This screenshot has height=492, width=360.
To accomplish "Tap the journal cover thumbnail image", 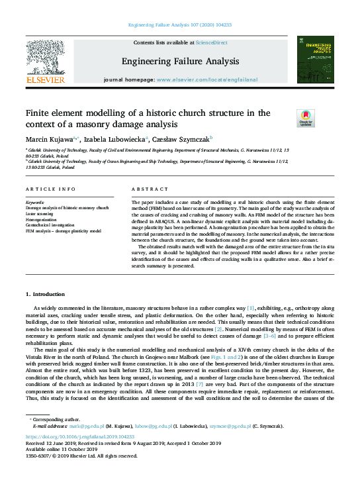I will pyautogui.click(x=314, y=60).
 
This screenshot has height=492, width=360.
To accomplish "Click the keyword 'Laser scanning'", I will pyautogui.click(x=40, y=214).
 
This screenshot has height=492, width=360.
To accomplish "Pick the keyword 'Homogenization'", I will pyautogui.click(x=42, y=220).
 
